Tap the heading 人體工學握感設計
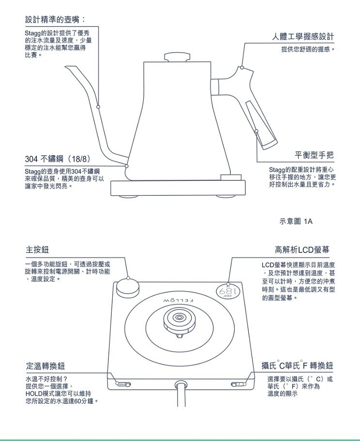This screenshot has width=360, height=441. [303, 36]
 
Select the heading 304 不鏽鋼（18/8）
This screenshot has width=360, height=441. [58, 159]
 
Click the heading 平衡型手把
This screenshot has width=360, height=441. [314, 155]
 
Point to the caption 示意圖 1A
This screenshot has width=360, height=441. [296, 221]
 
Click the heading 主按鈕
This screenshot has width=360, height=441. [37, 250]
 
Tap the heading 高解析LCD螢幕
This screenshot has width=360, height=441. [302, 250]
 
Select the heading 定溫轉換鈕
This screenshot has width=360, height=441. [45, 366]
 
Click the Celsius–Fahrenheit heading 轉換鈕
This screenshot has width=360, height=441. [321, 366]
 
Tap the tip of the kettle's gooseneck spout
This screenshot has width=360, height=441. [66, 67]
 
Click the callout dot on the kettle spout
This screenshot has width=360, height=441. [98, 107]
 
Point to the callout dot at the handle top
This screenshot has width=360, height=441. [242, 68]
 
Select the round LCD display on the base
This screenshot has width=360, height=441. [228, 292]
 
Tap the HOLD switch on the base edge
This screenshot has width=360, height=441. [123, 384]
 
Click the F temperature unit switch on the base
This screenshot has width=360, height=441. [238, 384]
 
